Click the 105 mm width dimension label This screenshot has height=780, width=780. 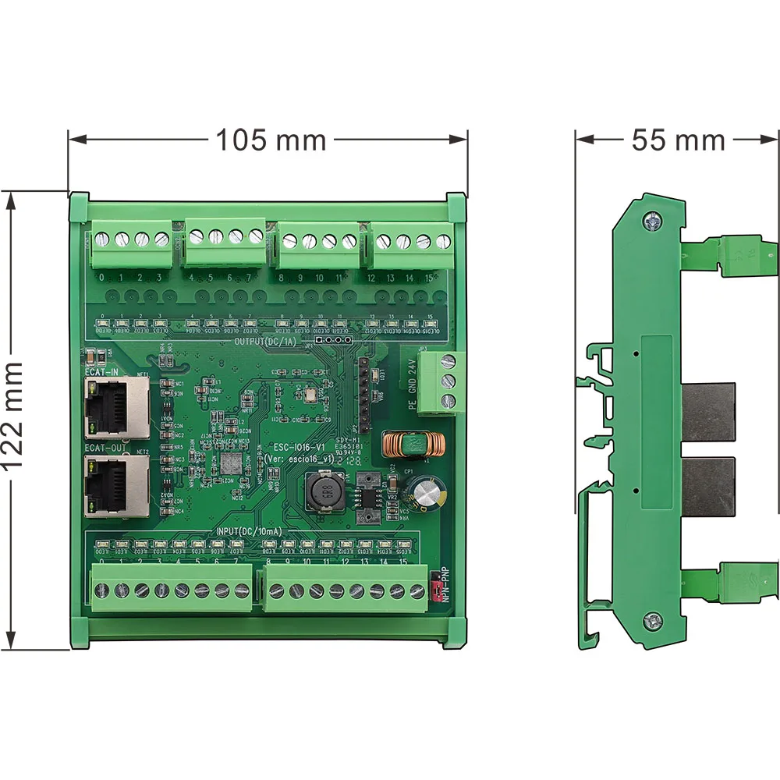click(x=271, y=140)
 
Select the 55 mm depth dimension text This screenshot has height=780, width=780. click(x=678, y=140)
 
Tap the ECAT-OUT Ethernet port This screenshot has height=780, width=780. click(x=116, y=486)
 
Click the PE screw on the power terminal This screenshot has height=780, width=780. click(x=448, y=401)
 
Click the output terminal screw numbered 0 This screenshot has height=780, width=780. click(x=102, y=239)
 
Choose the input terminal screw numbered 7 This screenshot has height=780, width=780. click(x=238, y=590)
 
